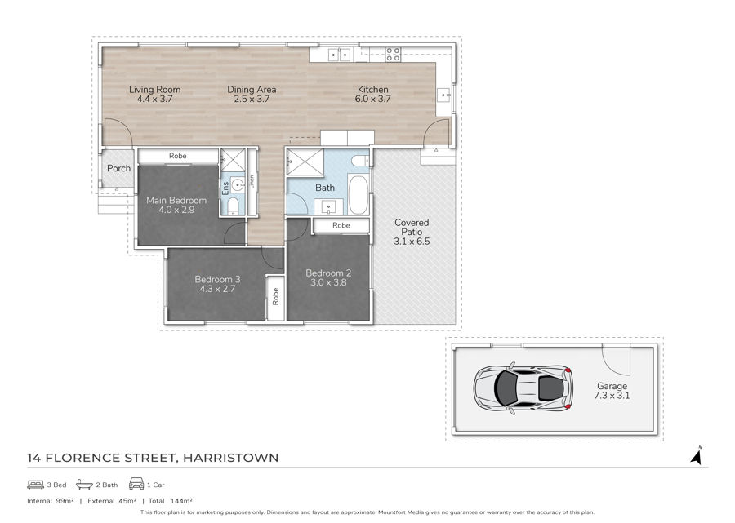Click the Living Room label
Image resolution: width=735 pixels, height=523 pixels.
coord(154,90)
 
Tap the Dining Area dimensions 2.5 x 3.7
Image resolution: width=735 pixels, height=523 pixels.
coord(252,99)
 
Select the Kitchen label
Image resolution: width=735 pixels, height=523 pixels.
coord(372,90)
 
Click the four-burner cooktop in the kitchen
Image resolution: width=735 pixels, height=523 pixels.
coord(393,55)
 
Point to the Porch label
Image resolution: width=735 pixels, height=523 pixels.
coord(118,168)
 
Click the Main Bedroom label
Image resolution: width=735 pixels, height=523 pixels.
coord(176,201)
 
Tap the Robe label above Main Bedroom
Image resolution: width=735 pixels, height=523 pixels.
coord(178,156)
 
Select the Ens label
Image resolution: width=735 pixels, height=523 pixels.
coord(225,188)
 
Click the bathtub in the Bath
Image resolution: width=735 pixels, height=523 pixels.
coord(359,194)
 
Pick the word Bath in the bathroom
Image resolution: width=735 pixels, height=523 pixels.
coord(325,188)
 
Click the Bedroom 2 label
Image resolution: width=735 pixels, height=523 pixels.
coord(328,273)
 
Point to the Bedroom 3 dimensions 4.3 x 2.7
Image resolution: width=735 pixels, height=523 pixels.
coord(217,289)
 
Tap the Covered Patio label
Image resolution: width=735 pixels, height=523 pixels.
coord(412,227)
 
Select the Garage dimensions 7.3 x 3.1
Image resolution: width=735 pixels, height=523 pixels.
coord(612,395)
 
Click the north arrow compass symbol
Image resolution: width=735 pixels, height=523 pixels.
coord(697,455)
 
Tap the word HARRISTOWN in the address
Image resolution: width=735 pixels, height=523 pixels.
coord(230,458)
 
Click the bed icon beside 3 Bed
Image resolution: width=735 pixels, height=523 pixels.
coord(35,485)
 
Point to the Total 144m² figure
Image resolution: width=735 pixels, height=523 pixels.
coord(170,500)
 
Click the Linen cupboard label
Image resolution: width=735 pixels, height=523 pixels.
coord(252,182)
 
